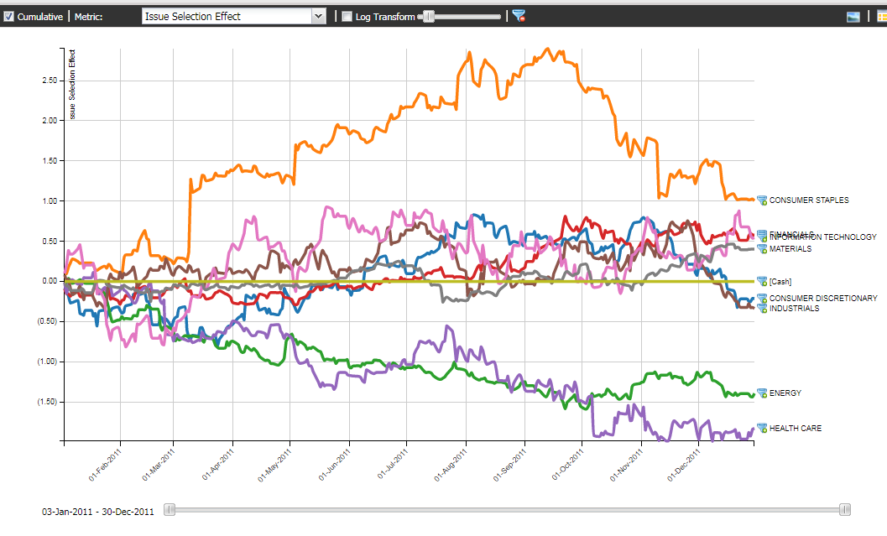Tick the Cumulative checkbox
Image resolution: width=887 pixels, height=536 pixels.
(x=9, y=16)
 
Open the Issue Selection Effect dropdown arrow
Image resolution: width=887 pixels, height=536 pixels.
(x=318, y=16)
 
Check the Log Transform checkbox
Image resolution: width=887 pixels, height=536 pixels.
(x=347, y=16)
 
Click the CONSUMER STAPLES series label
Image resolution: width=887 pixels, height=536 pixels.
(x=808, y=200)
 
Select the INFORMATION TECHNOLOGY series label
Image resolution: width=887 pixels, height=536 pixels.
(x=822, y=237)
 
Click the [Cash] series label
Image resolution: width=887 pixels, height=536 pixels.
(x=780, y=282)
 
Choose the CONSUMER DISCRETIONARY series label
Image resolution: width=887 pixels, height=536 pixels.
(x=822, y=299)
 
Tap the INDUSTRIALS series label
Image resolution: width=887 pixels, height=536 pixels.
(x=794, y=309)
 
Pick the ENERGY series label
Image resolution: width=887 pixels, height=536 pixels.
(x=785, y=393)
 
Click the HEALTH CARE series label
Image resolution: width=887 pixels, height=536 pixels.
(x=795, y=429)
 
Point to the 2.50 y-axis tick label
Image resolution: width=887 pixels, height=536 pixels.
(x=49, y=81)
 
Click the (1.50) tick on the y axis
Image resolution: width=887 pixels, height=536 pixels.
(x=47, y=402)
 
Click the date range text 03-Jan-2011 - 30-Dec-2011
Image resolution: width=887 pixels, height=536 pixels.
(x=98, y=511)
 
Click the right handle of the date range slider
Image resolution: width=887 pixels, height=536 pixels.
(x=845, y=510)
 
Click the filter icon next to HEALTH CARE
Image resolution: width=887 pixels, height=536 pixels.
(x=762, y=429)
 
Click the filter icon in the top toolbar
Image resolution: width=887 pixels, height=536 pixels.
(x=519, y=16)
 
